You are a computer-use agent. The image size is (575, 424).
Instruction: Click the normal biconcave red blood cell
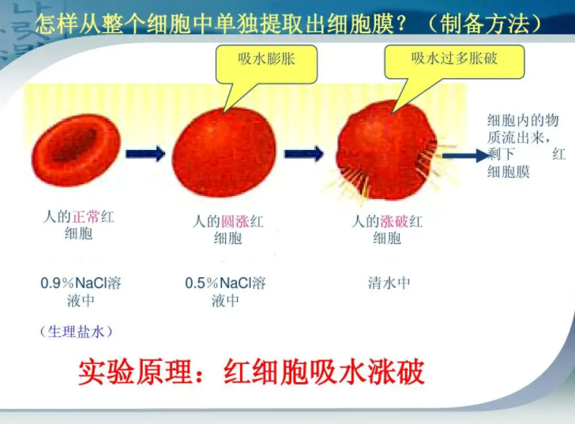coord(77,150)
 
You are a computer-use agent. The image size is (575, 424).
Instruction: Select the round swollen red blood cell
coord(224,152)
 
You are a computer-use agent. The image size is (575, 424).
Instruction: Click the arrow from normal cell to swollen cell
coord(145,153)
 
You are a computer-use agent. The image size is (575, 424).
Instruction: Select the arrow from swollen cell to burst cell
coord(304,153)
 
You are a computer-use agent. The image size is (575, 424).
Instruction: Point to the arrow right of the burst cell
coord(466,156)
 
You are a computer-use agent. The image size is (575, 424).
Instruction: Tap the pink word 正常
coord(86,216)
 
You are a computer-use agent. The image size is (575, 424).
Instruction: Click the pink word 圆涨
coord(235,221)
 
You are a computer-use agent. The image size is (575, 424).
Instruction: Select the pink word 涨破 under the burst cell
coord(394,221)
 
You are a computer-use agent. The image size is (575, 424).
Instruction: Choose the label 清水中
coord(389,283)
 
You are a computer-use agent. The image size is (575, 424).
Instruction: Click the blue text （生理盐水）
coord(76,332)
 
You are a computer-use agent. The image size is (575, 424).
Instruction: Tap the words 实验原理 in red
coord(135,372)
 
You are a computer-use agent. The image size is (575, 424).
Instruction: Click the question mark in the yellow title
coord(401,24)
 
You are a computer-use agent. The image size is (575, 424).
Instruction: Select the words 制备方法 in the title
coord(486,24)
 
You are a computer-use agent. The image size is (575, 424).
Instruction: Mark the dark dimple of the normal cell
coord(75,144)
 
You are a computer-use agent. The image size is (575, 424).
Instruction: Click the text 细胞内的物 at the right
coord(523,120)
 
